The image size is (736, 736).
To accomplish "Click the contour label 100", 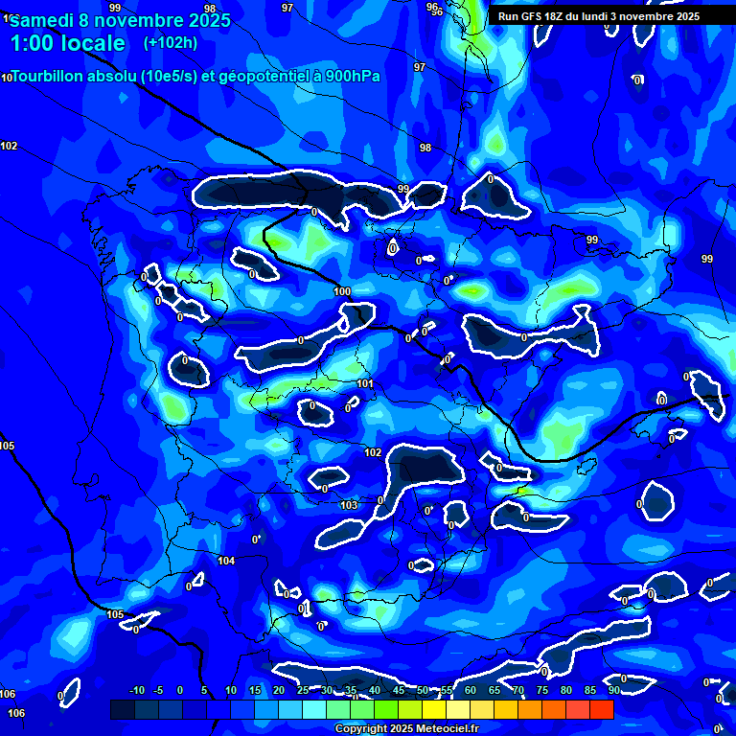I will point(342,291).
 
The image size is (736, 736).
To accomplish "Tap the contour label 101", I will point(365,384).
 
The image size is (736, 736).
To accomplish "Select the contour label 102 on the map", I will point(373,452).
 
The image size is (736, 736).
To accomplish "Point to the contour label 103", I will point(349,505).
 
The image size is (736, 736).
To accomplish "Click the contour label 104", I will point(226,562).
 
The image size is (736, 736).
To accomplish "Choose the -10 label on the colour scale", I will point(136,690).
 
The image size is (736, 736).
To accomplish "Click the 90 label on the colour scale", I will point(613,690).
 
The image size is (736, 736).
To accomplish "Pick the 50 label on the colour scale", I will point(423,690).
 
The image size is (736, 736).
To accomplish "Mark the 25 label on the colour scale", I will point(303,690).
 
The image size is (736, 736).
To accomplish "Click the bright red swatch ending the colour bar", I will point(601,709).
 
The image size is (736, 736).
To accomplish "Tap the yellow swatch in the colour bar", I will point(434,709).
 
